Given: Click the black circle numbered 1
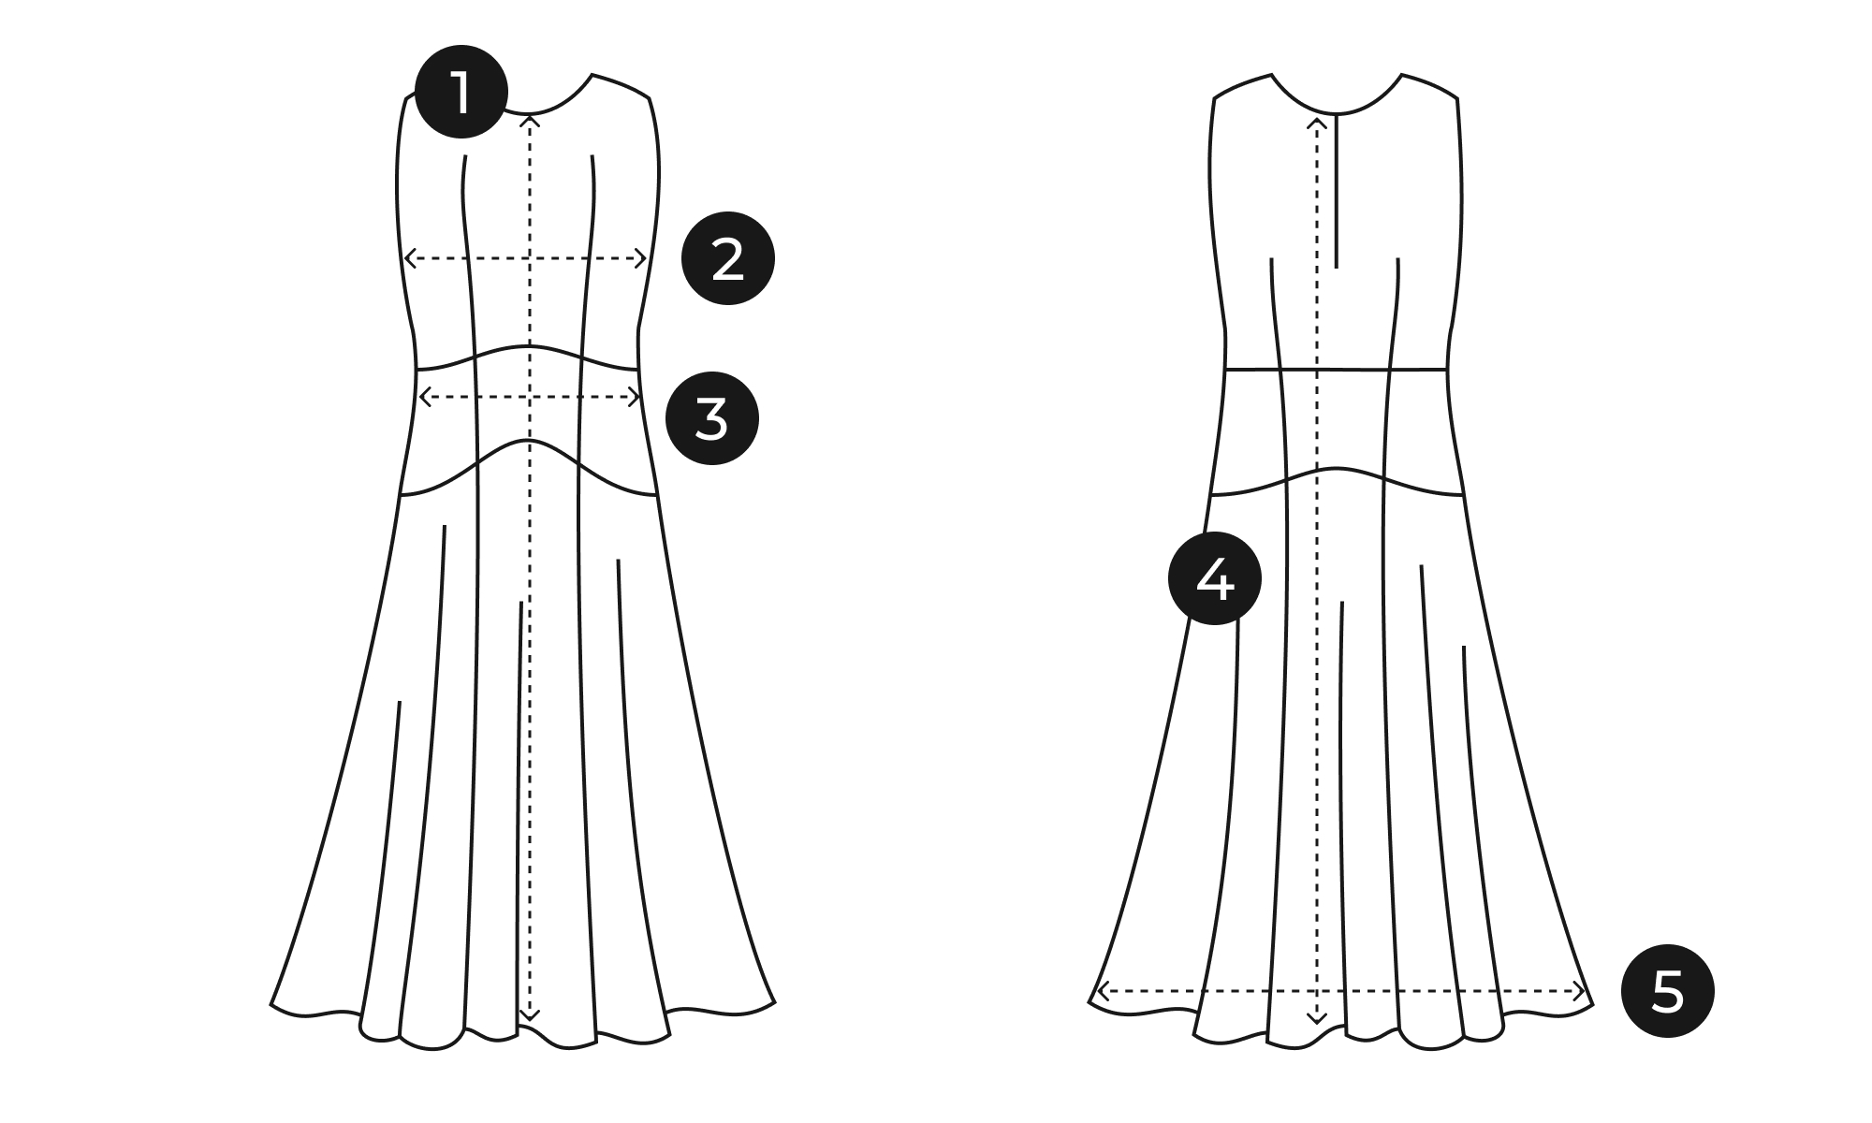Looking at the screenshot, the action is click(461, 93).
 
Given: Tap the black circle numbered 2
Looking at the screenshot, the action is click(728, 258).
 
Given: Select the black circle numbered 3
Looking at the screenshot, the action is click(712, 418).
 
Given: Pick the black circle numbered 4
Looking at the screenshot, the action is click(1215, 579).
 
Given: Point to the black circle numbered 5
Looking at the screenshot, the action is click(1668, 991).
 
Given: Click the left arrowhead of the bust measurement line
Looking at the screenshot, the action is click(408, 258).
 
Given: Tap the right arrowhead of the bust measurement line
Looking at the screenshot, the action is click(643, 258).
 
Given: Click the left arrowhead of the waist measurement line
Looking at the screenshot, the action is click(423, 397).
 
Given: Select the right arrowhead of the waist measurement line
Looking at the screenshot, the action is click(636, 397).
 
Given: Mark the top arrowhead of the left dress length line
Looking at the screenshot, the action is click(531, 118).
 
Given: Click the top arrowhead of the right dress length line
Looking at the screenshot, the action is click(1317, 123).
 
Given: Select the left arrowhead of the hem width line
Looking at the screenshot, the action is click(1101, 991).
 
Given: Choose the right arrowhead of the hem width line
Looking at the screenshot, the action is click(1581, 991).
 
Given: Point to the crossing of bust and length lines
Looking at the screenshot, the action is click(531, 258).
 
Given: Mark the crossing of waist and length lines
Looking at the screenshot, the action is click(531, 397).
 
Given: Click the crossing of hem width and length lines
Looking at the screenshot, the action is click(1317, 991).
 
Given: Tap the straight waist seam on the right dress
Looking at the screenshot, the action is click(1337, 370).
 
